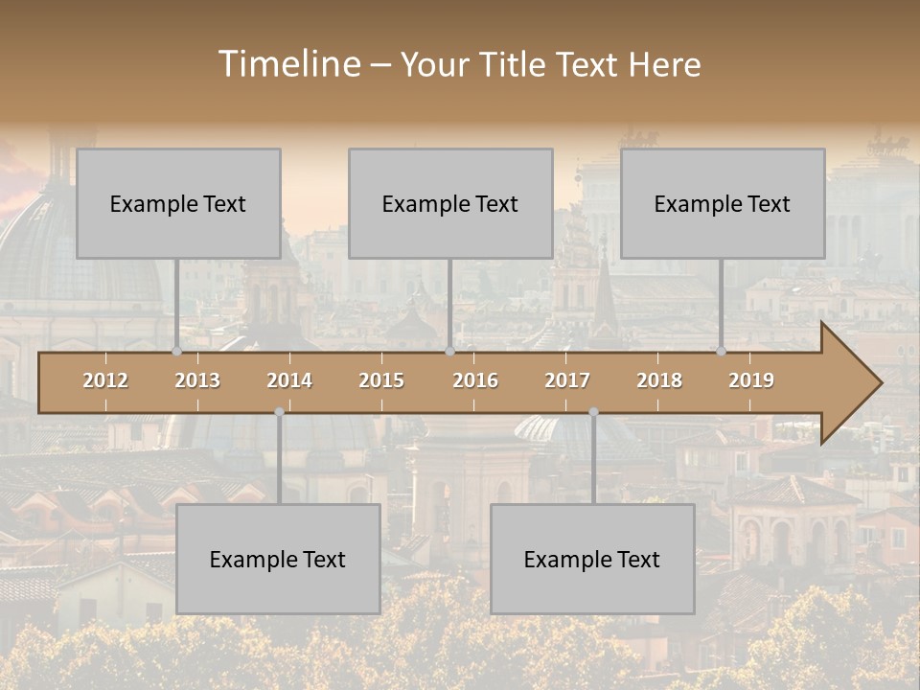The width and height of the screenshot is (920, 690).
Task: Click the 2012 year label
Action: point(105,380)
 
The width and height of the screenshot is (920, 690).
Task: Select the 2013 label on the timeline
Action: point(197,380)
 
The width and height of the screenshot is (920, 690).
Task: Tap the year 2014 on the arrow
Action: point(289,380)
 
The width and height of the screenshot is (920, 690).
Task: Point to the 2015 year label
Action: point(381,380)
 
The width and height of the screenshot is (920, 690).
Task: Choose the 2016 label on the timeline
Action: point(475,380)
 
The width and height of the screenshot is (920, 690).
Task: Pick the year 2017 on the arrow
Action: point(567,380)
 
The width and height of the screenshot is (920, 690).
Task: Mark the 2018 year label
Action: point(659,380)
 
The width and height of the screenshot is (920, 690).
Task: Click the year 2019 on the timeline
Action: point(751,380)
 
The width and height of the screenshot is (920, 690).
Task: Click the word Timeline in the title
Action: point(288,63)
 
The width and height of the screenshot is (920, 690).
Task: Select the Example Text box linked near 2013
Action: point(178,203)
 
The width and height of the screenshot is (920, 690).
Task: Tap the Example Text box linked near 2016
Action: point(450,203)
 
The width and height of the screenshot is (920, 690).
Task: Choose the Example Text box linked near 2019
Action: point(723,203)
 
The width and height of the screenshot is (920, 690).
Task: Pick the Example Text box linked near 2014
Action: point(278,559)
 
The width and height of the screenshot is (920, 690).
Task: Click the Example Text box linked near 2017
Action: point(592,559)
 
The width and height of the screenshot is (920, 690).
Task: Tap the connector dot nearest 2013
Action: point(177,351)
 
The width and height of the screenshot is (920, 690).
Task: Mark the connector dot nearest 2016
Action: point(449,351)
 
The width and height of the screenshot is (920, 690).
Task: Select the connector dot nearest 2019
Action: point(722,351)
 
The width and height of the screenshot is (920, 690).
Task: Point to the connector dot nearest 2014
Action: point(279,411)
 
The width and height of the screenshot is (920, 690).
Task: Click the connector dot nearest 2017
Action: point(593,411)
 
